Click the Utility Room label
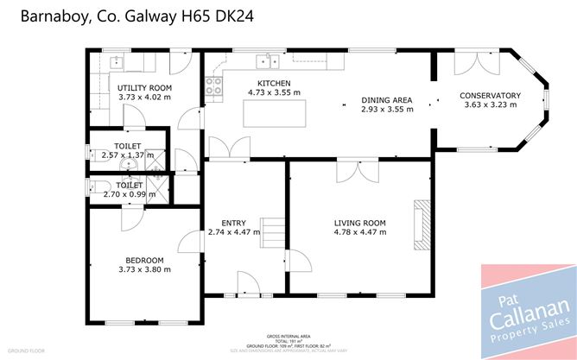click(x=144, y=88)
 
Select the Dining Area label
click(x=386, y=100)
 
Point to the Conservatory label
click(x=490, y=95)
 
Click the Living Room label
click(x=359, y=223)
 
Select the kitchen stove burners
click(x=212, y=85)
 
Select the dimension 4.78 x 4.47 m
click(x=359, y=232)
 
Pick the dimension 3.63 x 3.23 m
click(x=490, y=105)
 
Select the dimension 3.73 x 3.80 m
click(x=144, y=269)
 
